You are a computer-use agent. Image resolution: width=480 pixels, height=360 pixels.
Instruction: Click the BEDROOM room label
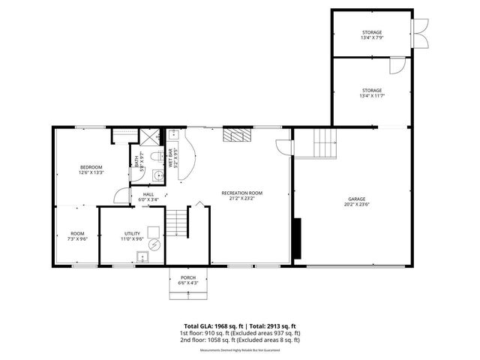(91, 166)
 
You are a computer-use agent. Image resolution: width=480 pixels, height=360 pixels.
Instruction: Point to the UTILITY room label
(131, 234)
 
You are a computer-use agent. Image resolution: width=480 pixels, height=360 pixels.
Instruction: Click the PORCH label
(188, 277)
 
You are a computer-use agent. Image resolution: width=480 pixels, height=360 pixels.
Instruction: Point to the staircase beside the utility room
(177, 220)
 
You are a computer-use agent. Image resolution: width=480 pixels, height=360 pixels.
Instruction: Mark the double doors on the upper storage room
(418, 32)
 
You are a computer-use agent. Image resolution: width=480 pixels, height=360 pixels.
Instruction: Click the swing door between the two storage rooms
(395, 65)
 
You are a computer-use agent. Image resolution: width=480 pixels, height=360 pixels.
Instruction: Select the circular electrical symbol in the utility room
(154, 244)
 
